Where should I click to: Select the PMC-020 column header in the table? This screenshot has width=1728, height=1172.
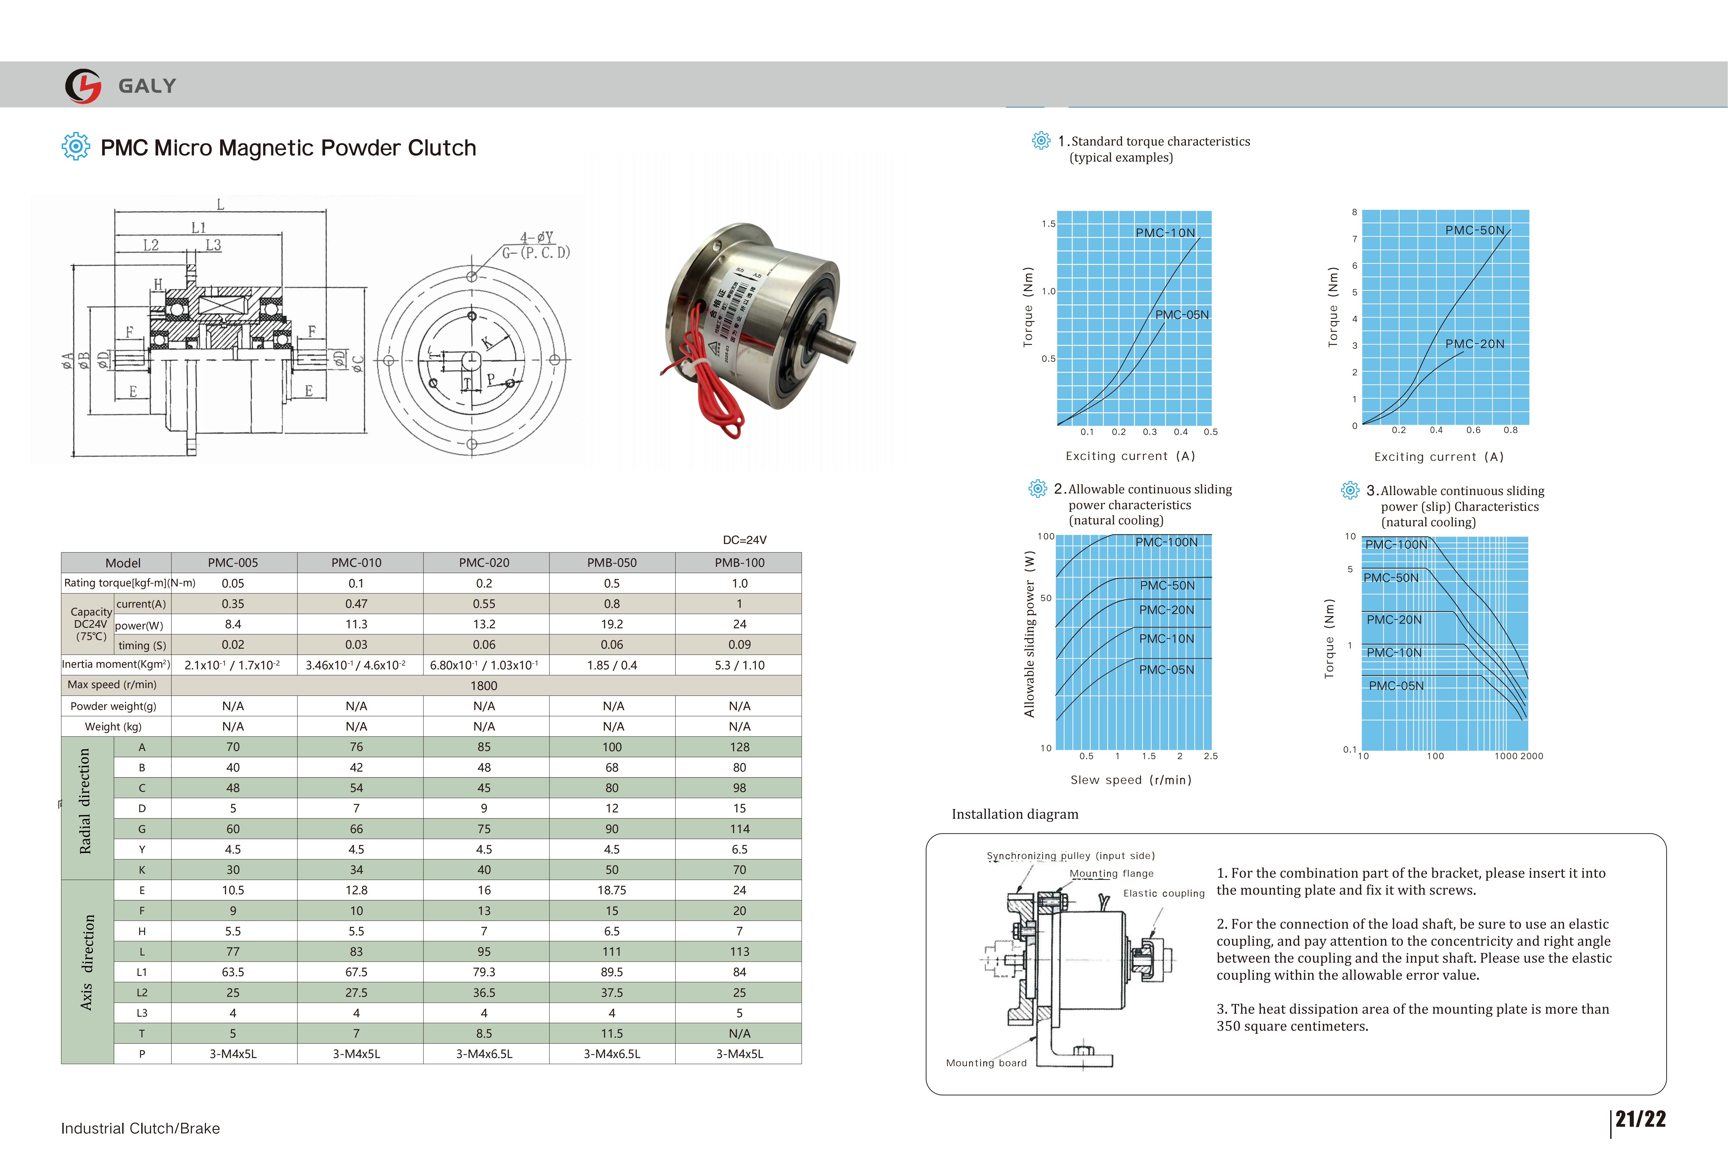click(484, 562)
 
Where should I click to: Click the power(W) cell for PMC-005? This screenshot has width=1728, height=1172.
click(233, 624)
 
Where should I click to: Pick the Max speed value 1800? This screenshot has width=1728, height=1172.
click(484, 685)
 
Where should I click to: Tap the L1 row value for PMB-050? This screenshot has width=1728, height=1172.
click(612, 972)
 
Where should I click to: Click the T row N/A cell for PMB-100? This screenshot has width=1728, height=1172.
click(739, 1033)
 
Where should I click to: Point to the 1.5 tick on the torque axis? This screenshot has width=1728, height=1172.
click(1049, 224)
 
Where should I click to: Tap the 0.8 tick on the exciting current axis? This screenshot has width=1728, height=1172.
click(1510, 430)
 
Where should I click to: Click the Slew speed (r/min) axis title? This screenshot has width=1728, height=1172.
click(1130, 780)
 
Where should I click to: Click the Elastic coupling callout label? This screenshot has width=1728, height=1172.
click(1164, 893)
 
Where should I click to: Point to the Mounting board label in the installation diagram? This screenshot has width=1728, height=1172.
click(986, 1063)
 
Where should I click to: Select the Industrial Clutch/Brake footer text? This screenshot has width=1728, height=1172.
click(140, 1128)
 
